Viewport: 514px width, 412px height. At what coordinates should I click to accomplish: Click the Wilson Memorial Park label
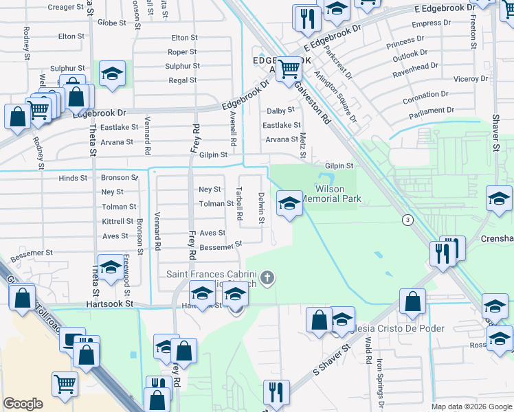pyautogui.click(x=337, y=194)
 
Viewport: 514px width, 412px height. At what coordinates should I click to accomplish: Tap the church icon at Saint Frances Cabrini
pyautogui.click(x=268, y=278)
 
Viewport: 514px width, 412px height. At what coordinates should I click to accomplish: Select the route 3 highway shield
pyautogui.click(x=407, y=219)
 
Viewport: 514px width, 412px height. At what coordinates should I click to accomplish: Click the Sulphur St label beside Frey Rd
pyautogui.click(x=182, y=67)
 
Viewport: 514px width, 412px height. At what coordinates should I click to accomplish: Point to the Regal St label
pyautogui.click(x=183, y=81)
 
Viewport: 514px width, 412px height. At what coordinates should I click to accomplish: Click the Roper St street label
pyautogui.click(x=182, y=52)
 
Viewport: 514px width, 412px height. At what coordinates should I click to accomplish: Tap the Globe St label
pyautogui.click(x=111, y=23)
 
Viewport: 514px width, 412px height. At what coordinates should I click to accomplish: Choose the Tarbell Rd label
pyautogui.click(x=239, y=204)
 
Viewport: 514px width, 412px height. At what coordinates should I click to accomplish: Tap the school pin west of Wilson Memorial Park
pyautogui.click(x=289, y=203)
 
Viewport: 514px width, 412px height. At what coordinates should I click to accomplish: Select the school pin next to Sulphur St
pyautogui.click(x=111, y=74)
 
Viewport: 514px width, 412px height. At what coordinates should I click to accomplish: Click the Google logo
pyautogui.click(x=23, y=404)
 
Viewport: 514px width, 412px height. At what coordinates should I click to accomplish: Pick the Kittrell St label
pyautogui.click(x=118, y=221)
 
